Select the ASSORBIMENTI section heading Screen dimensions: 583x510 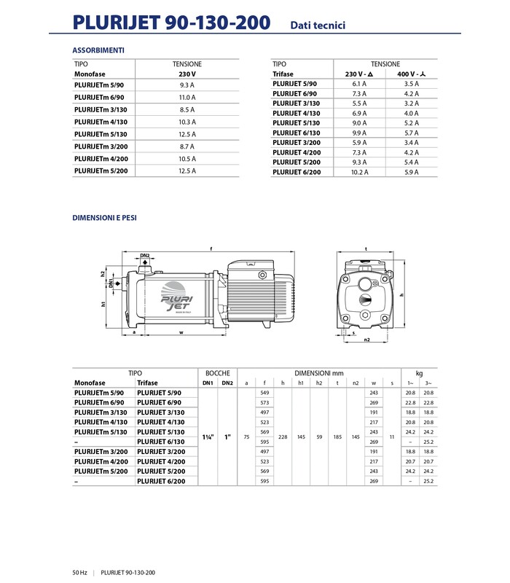pos(98,50)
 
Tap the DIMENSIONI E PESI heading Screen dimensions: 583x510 pos(105,217)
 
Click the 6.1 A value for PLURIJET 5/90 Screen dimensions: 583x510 pos(360,83)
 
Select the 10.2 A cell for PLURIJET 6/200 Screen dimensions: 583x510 pos(360,172)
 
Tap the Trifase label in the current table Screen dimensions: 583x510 pos(283,74)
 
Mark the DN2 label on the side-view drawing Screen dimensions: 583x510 pos(144,256)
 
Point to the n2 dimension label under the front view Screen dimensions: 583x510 pos(366,340)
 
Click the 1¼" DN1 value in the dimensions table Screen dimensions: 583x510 pos(208,437)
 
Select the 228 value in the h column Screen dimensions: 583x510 pos(282,437)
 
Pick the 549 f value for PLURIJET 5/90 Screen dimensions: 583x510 pos(264,393)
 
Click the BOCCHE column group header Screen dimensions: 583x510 pos(217,372)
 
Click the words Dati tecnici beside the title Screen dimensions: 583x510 pos(318,26)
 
